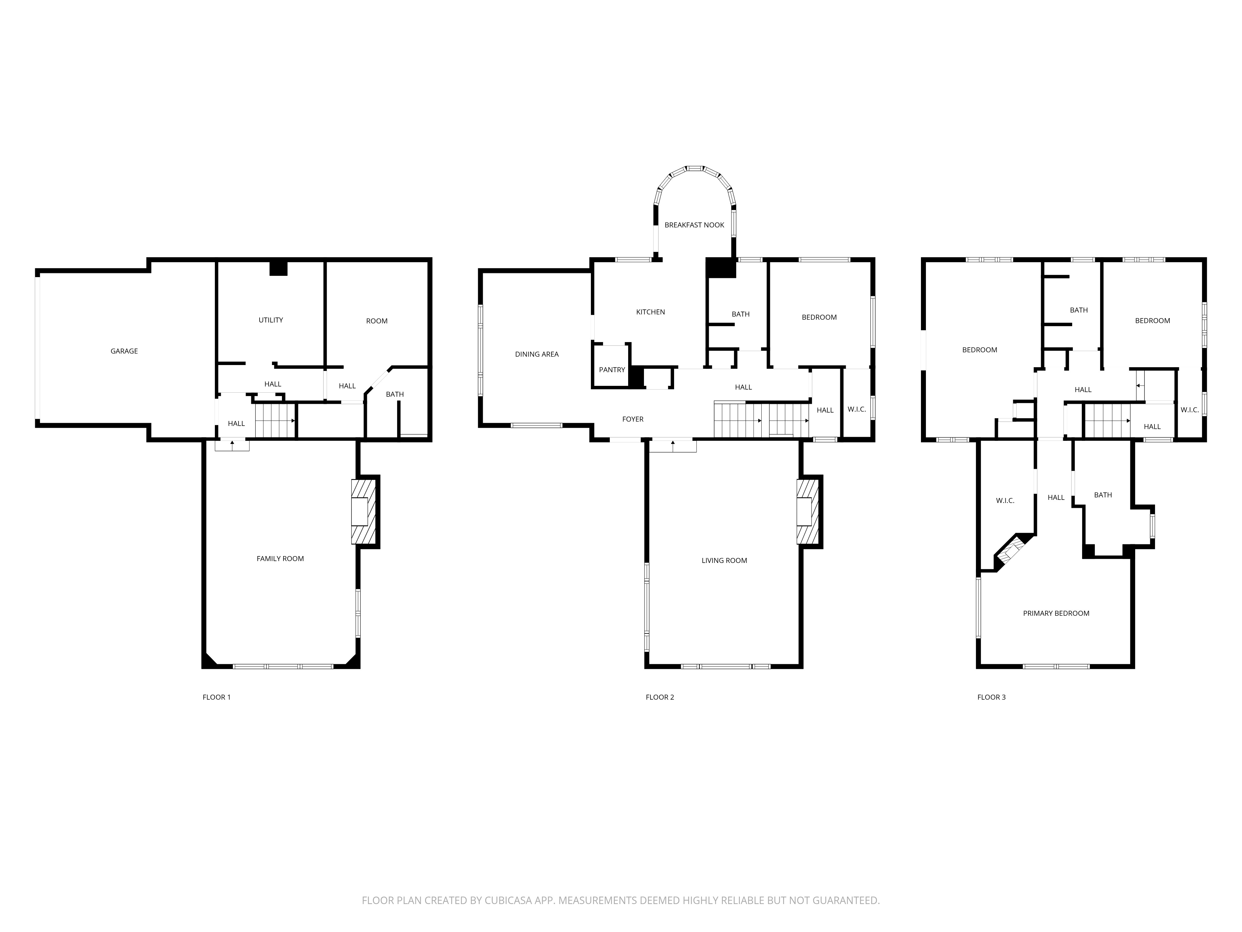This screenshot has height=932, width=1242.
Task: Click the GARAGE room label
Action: [x=124, y=351]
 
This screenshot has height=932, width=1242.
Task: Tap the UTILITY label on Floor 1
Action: [x=271, y=320]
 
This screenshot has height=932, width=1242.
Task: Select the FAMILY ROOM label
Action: [x=280, y=558]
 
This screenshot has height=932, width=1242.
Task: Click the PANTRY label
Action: [x=611, y=370]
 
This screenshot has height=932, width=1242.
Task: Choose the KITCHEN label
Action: [x=650, y=312]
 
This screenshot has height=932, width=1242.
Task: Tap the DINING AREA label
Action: [x=537, y=354]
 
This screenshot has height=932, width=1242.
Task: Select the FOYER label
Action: [x=633, y=419]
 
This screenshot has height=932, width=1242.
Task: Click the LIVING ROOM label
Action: [x=724, y=560]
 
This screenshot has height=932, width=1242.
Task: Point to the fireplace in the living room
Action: [x=807, y=511]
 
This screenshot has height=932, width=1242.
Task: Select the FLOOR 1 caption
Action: [x=217, y=697]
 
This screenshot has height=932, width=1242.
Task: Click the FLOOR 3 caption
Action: [x=991, y=697]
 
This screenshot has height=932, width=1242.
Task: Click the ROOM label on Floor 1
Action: [x=377, y=321]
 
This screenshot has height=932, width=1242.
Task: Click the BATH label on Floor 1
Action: [x=395, y=394]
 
